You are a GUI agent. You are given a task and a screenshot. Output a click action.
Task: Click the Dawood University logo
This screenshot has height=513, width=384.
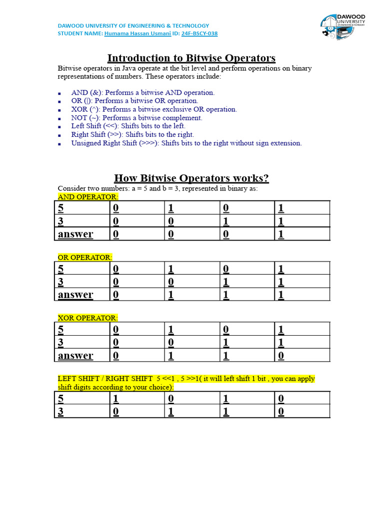pos(342,25)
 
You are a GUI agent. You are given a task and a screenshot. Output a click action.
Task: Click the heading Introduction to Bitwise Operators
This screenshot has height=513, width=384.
pos(191,58)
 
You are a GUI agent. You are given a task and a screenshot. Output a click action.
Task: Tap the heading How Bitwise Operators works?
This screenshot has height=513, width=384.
pos(191,178)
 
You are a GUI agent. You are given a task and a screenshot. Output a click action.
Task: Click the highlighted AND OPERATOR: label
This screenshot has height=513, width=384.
pos(88,197)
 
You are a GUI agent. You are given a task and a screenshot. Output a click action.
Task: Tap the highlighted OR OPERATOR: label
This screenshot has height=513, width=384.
pos(85,257)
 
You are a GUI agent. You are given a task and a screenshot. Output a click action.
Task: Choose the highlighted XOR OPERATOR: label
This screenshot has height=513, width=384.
pos(88,318)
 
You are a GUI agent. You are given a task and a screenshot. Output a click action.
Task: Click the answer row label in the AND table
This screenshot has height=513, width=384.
pos(75,234)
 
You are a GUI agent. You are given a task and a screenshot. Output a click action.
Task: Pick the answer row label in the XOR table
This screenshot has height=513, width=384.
pos(75,355)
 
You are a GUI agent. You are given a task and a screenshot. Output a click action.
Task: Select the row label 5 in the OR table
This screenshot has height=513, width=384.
pos(61,269)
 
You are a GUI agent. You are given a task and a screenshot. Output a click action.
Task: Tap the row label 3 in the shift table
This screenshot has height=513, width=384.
pos(61,411)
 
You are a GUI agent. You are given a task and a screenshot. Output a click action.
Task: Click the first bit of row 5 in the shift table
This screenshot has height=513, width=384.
pos(116,399)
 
